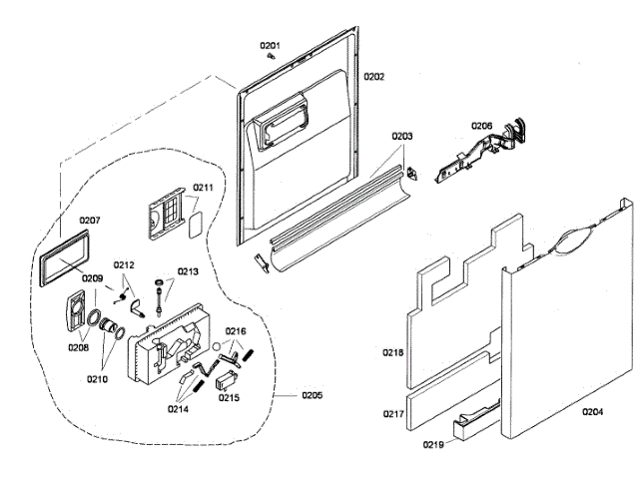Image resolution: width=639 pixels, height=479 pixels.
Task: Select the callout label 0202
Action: pos(373,77)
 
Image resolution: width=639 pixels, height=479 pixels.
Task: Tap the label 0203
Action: pos(401,136)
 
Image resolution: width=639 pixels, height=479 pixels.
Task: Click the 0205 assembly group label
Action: pos(312,397)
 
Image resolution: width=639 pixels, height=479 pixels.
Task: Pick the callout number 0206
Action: pos(481,126)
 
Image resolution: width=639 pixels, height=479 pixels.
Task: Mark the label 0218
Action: pos(393,352)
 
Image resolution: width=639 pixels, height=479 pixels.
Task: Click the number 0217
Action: pos(393,413)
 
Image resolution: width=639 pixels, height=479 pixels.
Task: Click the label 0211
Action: pos(204,188)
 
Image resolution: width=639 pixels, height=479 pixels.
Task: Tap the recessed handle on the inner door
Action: pos(284,126)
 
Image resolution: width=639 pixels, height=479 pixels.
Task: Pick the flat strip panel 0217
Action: pos(454,392)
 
